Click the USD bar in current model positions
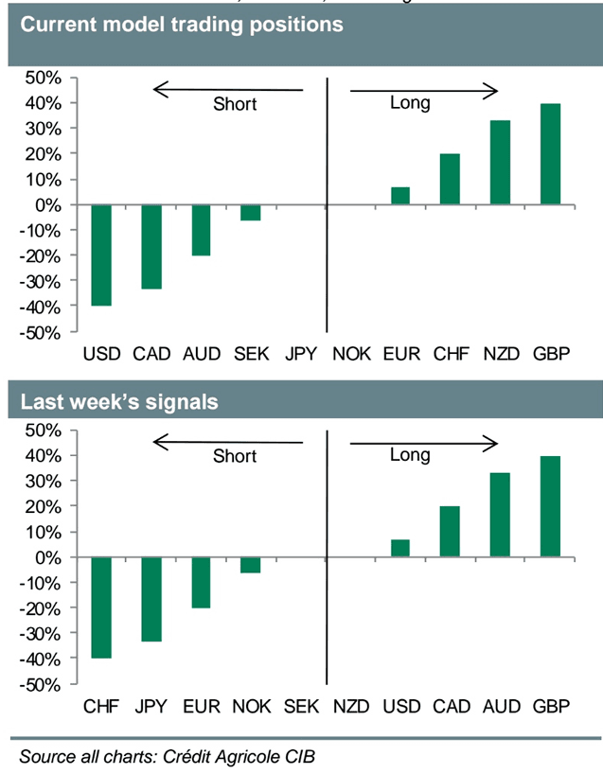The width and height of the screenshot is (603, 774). click(x=100, y=255)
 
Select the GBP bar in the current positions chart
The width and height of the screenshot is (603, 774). click(x=550, y=154)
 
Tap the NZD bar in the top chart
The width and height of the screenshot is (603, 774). click(x=500, y=163)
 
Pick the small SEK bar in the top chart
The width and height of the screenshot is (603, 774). click(x=250, y=213)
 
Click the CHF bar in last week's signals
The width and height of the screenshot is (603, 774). click(x=100, y=607)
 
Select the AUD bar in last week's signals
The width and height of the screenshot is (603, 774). click(x=500, y=515)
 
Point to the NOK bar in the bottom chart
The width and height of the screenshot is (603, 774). click(x=250, y=565)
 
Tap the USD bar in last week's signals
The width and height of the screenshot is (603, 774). click(x=400, y=548)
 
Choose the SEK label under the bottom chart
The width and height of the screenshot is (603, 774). click(x=301, y=707)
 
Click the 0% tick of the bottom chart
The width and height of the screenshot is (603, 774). click(x=49, y=557)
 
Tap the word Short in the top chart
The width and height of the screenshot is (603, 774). click(x=235, y=104)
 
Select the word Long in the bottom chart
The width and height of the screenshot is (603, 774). click(x=410, y=455)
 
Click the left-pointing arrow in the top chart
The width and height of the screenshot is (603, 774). click(x=227, y=90)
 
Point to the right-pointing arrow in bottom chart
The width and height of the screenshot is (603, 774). click(x=424, y=442)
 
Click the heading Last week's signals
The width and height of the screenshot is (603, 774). click(x=120, y=402)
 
